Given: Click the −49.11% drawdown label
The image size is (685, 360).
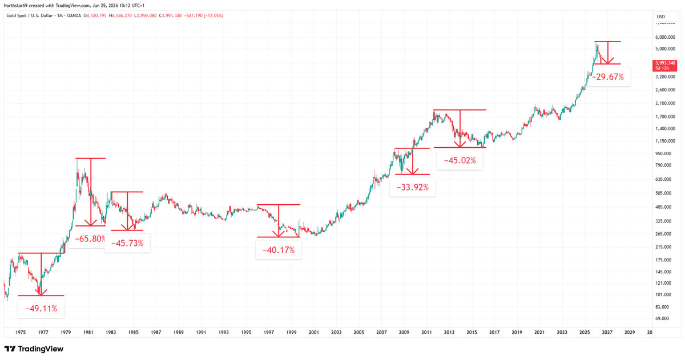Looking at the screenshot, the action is tap(41, 309).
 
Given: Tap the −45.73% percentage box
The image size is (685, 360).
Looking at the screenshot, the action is tap(127, 243).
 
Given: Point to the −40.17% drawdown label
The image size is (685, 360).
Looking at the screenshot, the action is tap(279, 250).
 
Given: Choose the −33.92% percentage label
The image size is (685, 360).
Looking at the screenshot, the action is tap(412, 187).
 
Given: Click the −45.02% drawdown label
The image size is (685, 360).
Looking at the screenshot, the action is tap(460, 160).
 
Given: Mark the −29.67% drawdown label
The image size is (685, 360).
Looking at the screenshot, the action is tap(607, 76).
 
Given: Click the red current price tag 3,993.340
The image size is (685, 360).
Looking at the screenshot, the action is tap(665, 66).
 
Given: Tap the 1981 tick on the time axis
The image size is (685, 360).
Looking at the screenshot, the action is tap(88, 332).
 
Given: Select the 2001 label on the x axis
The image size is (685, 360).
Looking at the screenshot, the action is tap(314, 332).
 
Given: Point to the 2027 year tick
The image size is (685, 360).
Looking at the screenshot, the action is tap(607, 332).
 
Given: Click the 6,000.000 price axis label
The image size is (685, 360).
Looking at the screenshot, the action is tap(665, 37).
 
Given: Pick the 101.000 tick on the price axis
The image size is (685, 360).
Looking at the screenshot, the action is tap(667, 294).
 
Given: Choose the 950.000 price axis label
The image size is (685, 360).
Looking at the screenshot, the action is tap(667, 153).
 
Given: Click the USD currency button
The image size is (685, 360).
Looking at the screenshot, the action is tap(661, 17).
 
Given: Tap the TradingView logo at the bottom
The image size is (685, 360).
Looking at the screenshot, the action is tap(34, 349).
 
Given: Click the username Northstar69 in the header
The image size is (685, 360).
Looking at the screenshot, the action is tap(15, 6).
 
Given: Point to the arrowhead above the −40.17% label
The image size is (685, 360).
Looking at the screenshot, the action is tap(279, 234).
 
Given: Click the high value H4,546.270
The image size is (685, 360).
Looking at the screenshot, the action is tap(120, 15).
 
